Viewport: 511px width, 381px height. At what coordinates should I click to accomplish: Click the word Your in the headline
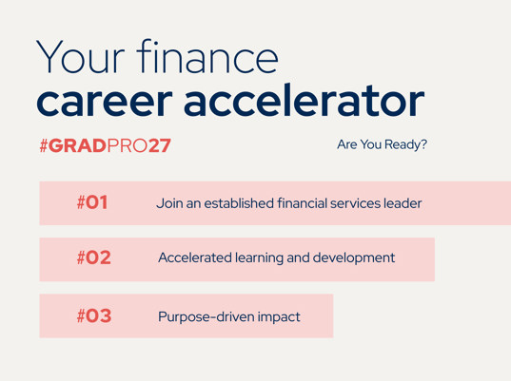81,57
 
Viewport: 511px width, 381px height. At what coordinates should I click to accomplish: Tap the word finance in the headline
207,56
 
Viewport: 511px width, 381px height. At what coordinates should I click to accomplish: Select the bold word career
105,101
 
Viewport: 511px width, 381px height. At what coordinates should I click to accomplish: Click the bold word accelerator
305,99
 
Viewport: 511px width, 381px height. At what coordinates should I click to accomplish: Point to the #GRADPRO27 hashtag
105,145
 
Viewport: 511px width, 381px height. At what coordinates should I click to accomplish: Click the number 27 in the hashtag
159,145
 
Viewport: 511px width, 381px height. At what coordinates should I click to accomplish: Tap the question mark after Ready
423,143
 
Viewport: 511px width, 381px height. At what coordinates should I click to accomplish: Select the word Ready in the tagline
403,144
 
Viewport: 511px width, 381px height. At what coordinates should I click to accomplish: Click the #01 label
92,202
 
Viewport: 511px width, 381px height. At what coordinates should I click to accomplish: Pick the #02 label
94,257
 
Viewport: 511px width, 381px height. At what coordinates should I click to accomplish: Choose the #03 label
94,315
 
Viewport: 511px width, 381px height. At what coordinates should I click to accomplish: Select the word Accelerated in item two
195,257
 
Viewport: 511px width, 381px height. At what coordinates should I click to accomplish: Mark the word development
354,258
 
